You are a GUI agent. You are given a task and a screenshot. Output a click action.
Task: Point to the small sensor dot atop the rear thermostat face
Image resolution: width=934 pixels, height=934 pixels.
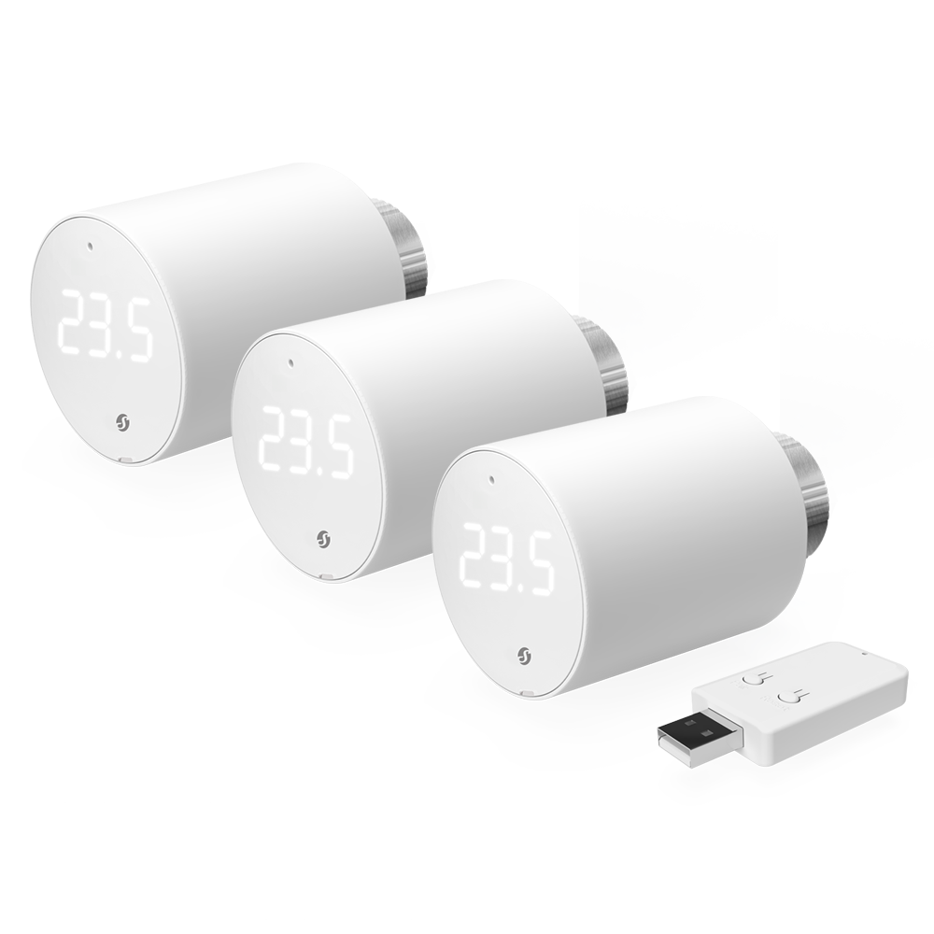pyautogui.click(x=88, y=248)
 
